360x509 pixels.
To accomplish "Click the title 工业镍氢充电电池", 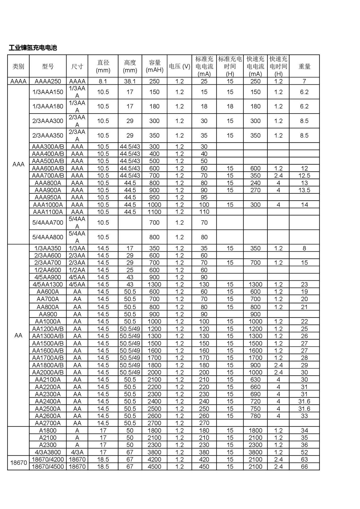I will coord(33,48).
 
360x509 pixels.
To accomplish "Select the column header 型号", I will coord(48,66).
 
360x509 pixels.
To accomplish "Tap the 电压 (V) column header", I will coord(179,66).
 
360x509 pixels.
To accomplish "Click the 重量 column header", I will coord(304,66).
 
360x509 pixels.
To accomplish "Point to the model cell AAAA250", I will coord(48,81).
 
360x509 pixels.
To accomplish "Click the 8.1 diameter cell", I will coord(103,81).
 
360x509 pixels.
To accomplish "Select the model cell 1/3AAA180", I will coord(48,107).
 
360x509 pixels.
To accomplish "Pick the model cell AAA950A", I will coord(48,197).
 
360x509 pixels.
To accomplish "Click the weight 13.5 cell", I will coord(304,190).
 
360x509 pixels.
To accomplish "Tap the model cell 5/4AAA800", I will coord(48,237).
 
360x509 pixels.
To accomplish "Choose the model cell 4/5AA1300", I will coord(48,284).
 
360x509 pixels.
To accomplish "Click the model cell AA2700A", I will coord(48,423).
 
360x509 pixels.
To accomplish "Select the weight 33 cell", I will coord(304,416).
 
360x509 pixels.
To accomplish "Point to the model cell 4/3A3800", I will coord(48,452).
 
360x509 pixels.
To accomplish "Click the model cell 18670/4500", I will coord(48,467).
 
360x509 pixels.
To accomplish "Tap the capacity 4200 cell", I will coord(154,459).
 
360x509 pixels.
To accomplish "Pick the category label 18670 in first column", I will coord(18,463).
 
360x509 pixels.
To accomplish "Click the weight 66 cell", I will coord(304,467).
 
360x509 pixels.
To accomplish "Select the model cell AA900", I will coord(48,314).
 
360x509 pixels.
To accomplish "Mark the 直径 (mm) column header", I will coord(103,66).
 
